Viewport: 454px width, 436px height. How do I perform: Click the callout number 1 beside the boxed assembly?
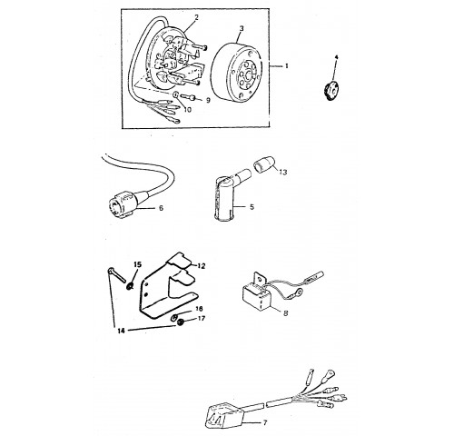(287, 65)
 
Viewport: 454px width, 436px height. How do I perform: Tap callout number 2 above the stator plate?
(196, 17)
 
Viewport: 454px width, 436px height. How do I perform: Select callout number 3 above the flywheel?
(242, 29)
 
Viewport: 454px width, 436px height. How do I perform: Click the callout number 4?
(336, 57)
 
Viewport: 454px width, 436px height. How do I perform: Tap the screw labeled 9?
(188, 97)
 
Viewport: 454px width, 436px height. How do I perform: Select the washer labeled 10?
(176, 95)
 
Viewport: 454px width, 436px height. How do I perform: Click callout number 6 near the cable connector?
(161, 208)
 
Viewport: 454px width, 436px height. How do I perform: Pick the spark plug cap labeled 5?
(225, 196)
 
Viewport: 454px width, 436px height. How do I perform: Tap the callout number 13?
(283, 172)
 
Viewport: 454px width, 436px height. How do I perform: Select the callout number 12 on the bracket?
(202, 266)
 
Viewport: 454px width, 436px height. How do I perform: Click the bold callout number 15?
(137, 264)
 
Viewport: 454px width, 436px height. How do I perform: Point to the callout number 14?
(121, 332)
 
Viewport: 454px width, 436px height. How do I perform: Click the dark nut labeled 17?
(181, 322)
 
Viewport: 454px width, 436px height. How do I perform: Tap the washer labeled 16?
(174, 318)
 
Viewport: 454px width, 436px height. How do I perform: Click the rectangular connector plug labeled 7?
(223, 415)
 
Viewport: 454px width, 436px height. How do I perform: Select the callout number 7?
(265, 422)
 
